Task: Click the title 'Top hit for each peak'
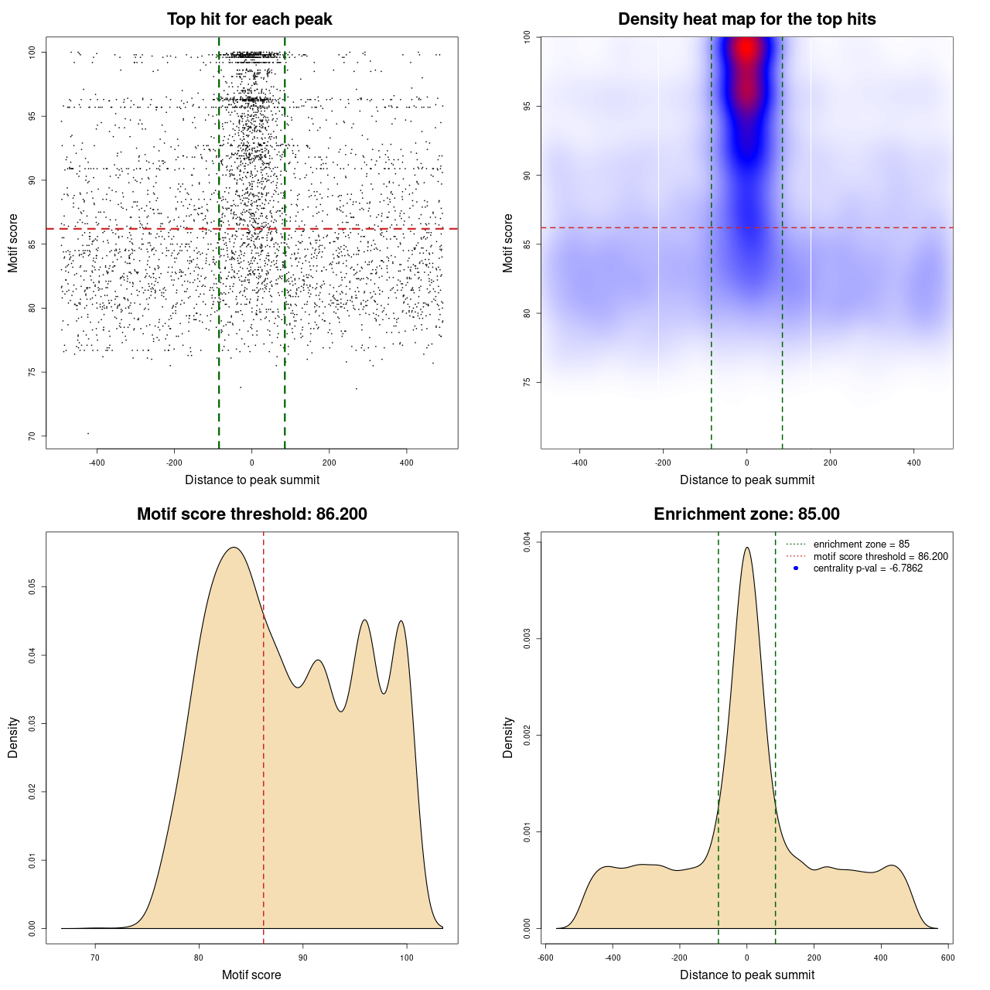pyautogui.click(x=249, y=19)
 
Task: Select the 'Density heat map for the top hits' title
pyautogui.click(x=746, y=19)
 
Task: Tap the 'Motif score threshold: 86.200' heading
pyautogui.click(x=251, y=514)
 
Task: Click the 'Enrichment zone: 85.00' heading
pyautogui.click(x=746, y=514)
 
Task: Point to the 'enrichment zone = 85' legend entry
pyautogui.click(x=861, y=544)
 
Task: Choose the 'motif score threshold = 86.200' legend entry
pyautogui.click(x=880, y=557)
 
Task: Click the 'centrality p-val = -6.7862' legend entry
pyautogui.click(x=868, y=568)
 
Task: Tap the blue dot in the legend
pyautogui.click(x=796, y=568)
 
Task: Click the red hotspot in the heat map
pyautogui.click(x=746, y=50)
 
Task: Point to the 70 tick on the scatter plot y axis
pyautogui.click(x=32, y=436)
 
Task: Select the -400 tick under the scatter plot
pyautogui.click(x=97, y=463)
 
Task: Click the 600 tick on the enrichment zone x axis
pyautogui.click(x=947, y=958)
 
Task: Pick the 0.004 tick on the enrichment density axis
pyautogui.click(x=527, y=543)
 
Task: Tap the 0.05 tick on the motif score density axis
pyautogui.click(x=32, y=587)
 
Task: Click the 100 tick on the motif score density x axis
pyautogui.click(x=407, y=958)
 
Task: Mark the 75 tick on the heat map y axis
pyautogui.click(x=527, y=382)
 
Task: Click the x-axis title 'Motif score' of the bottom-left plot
pyautogui.click(x=251, y=975)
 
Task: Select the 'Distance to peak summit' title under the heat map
pyautogui.click(x=746, y=480)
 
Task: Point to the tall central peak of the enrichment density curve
pyautogui.click(x=746, y=548)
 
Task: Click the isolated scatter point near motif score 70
pyautogui.click(x=87, y=433)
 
